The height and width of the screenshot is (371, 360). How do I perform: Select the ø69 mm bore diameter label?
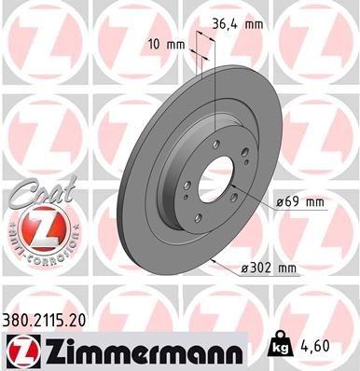click(299, 202)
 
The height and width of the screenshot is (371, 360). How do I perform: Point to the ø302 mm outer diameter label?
click(268, 269)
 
